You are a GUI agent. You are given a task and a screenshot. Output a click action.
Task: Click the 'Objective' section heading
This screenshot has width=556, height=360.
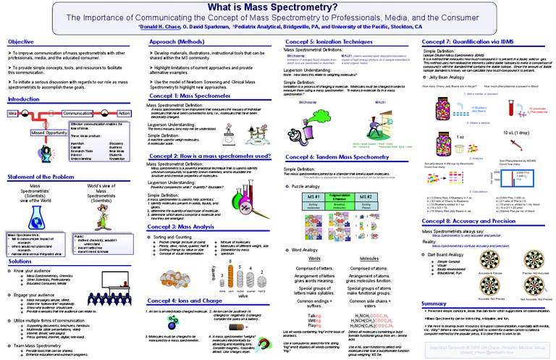[22, 43]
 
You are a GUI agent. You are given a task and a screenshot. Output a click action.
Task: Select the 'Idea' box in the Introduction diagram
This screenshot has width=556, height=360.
[12, 114]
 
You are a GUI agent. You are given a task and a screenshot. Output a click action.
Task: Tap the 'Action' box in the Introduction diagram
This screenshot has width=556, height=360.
[124, 114]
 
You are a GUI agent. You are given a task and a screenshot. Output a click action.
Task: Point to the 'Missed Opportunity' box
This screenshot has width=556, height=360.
[46, 133]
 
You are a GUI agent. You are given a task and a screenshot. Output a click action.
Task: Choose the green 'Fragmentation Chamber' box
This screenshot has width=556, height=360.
[335, 201]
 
